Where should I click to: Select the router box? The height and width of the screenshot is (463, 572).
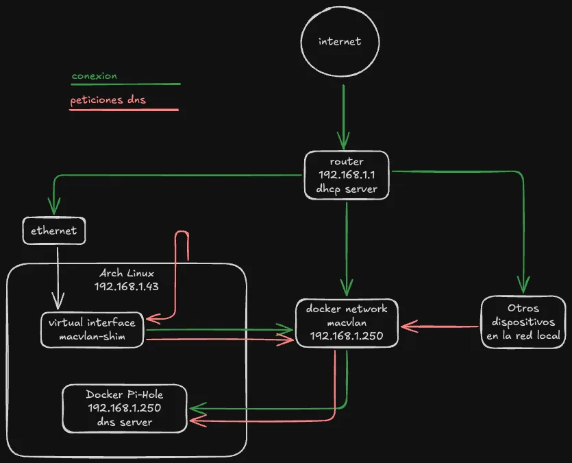point(347,176)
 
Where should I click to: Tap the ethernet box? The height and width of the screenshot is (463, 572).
point(54,231)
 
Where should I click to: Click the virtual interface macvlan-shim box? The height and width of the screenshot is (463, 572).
point(92,329)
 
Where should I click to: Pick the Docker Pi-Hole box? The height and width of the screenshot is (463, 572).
point(125,408)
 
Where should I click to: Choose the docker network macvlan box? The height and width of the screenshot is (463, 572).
point(346,323)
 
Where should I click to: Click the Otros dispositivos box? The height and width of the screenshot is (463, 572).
point(523,322)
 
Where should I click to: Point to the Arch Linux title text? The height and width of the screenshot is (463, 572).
point(127,273)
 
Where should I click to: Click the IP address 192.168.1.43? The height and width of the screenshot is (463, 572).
point(127,286)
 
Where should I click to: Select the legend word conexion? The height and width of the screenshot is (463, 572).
point(94,76)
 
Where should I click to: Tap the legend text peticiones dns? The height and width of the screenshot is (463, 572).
point(108,100)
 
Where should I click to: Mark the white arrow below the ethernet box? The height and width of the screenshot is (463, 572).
point(58,274)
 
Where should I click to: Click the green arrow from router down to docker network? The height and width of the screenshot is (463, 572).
point(347,247)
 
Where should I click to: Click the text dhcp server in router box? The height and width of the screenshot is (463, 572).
point(347,189)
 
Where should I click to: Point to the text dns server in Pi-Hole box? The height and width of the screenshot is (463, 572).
point(125,421)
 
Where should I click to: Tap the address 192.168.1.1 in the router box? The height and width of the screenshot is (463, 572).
point(347,175)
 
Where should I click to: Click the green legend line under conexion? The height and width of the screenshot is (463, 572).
point(125,85)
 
